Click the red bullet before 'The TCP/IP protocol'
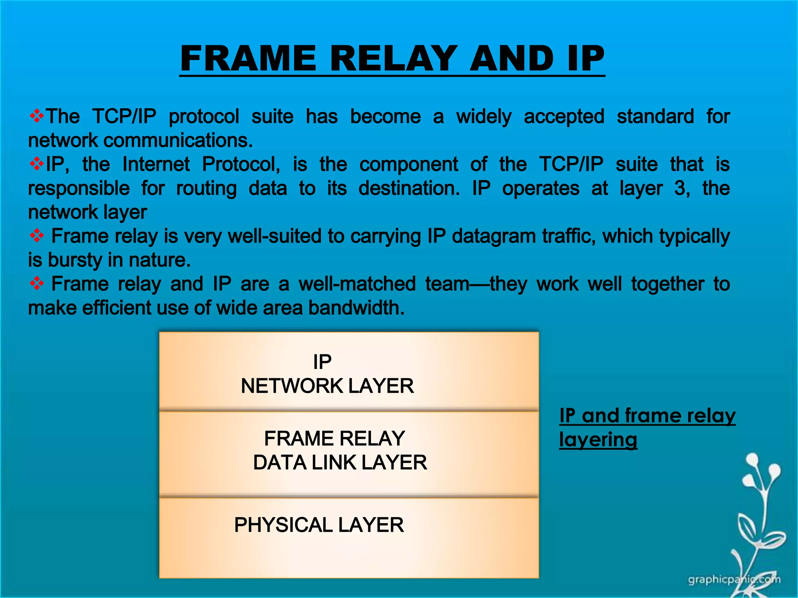click(37, 116)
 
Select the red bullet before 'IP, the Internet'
click(37, 164)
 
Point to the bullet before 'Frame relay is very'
click(37, 236)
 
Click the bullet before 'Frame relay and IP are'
click(37, 284)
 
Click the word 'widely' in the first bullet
click(484, 117)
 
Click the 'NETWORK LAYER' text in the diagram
click(327, 386)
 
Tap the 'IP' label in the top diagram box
click(322, 362)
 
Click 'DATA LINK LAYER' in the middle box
click(340, 463)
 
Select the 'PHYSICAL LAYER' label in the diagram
click(319, 525)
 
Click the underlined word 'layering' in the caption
click(598, 440)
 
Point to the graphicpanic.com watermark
click(734, 580)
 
